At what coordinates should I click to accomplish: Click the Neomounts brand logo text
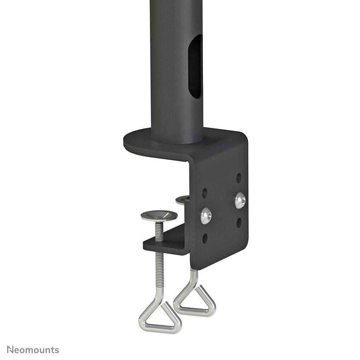(x=33, y=350)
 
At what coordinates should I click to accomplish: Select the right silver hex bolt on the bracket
(x=240, y=200)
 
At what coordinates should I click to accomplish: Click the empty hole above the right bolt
(x=239, y=177)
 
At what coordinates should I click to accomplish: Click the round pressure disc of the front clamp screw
(x=159, y=216)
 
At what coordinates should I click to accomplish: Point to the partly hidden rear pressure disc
(x=183, y=199)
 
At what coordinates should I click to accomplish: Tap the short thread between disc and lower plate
(x=159, y=231)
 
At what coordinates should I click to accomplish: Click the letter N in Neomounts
(x=10, y=350)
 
